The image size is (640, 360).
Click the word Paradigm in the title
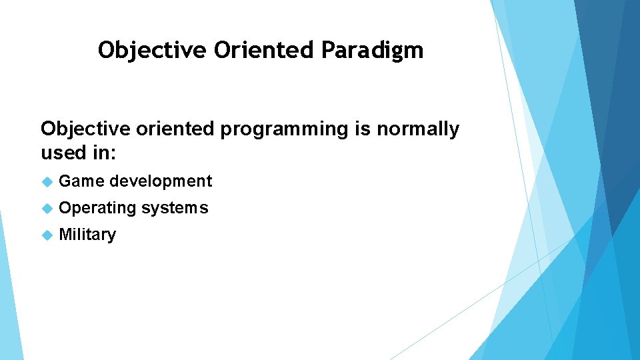click(372, 51)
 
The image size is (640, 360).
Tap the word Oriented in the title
click(264, 50)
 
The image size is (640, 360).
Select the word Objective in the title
click(152, 51)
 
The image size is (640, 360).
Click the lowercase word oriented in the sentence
click(175, 129)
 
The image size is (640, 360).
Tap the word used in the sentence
click(64, 152)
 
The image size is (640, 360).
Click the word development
click(161, 181)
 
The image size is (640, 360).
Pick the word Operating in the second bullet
click(97, 208)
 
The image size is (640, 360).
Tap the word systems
click(175, 209)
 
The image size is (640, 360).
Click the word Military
click(87, 235)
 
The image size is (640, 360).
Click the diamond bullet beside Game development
click(47, 181)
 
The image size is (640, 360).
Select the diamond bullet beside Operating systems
click(47, 208)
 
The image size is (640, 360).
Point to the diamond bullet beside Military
click(47, 235)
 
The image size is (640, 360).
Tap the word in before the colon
click(101, 152)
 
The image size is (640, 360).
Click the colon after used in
click(113, 154)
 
